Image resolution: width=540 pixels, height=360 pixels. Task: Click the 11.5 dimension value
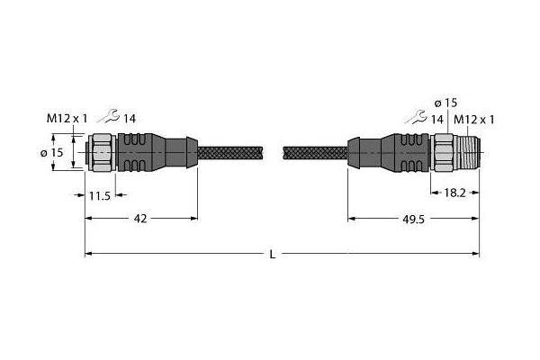tap(100, 196)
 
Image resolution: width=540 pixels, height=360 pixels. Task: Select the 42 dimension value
tap(140, 219)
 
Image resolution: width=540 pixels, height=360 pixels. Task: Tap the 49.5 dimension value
tap(414, 220)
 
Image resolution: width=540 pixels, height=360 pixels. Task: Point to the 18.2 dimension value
tap(454, 193)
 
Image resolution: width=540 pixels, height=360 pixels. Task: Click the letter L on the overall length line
tap(272, 255)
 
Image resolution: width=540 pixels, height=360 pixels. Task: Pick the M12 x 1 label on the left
tap(67, 119)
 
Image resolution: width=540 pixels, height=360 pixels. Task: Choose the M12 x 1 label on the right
tap(474, 120)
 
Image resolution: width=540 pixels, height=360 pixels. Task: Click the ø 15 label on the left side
tap(52, 152)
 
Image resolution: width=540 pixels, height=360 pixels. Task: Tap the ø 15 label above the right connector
tap(445, 103)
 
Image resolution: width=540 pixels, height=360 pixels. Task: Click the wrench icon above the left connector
tap(109, 116)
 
